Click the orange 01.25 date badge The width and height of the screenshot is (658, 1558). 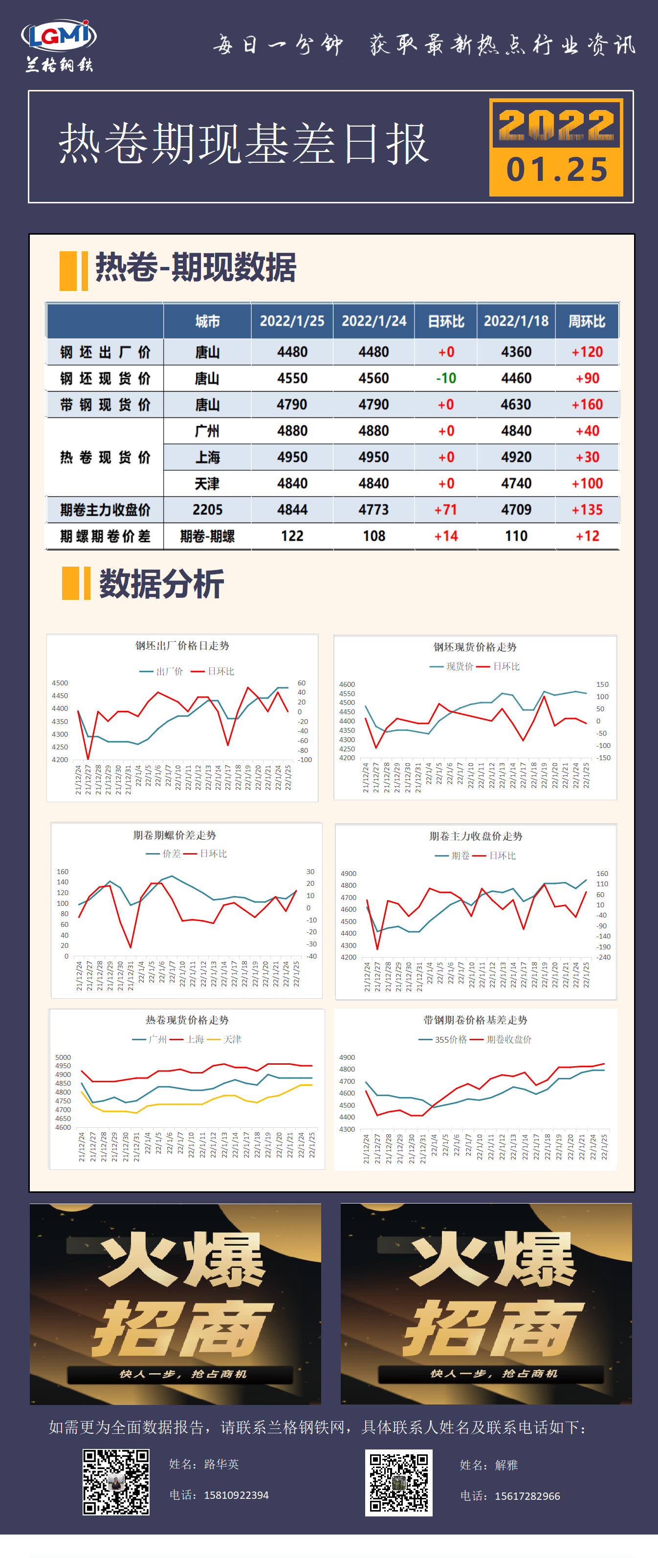click(556, 169)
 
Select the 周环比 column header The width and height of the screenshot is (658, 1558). click(587, 321)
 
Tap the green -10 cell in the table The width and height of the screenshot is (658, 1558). click(446, 378)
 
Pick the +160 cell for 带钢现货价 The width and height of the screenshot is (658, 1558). click(587, 405)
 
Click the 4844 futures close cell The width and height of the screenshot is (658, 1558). click(292, 510)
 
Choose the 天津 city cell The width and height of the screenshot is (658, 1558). click(207, 484)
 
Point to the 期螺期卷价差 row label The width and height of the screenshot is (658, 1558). click(105, 536)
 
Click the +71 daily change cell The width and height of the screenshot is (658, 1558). click(446, 510)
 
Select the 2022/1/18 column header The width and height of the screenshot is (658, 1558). click(516, 321)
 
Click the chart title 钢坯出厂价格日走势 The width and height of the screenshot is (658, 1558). click(182, 646)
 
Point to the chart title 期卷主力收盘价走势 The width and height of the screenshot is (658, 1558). click(475, 836)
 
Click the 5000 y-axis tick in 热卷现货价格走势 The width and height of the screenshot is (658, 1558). click(63, 1058)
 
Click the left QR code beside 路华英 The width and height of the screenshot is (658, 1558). click(116, 1482)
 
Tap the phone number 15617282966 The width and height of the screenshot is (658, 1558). click(527, 1496)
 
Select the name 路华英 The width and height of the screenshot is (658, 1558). click(221, 1464)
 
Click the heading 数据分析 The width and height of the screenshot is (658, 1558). click(161, 584)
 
